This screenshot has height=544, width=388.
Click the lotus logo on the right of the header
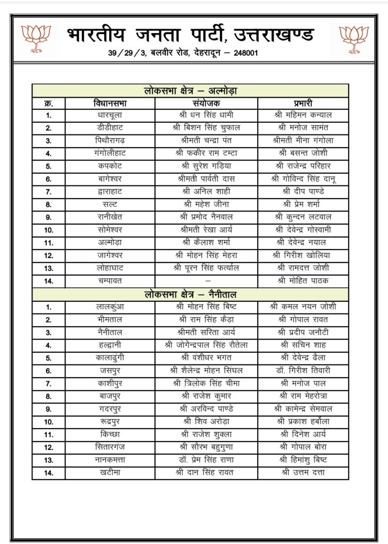tap(354, 39)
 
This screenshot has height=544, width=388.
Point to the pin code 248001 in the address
tap(230, 54)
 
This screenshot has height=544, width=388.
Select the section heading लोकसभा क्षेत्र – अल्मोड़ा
tap(190, 91)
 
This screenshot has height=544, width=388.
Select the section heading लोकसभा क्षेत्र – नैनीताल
tap(190, 294)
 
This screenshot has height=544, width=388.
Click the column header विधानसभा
tap(110, 103)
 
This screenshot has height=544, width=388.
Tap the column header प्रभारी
tap(303, 103)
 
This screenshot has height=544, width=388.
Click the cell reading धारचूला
tap(110, 115)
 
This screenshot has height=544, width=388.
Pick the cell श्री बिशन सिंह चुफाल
tap(207, 127)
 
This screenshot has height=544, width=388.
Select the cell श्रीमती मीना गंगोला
tap(303, 140)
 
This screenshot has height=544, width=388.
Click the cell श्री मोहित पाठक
tap(303, 280)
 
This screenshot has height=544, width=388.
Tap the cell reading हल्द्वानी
tap(110, 345)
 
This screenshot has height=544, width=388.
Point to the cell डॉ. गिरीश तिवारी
tap(303, 370)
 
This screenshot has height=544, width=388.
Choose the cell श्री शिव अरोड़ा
tap(207, 421)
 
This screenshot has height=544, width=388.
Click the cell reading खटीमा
tap(110, 472)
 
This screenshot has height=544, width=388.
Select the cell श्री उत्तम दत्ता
tap(303, 472)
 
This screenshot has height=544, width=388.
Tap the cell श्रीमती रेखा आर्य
tap(207, 229)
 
